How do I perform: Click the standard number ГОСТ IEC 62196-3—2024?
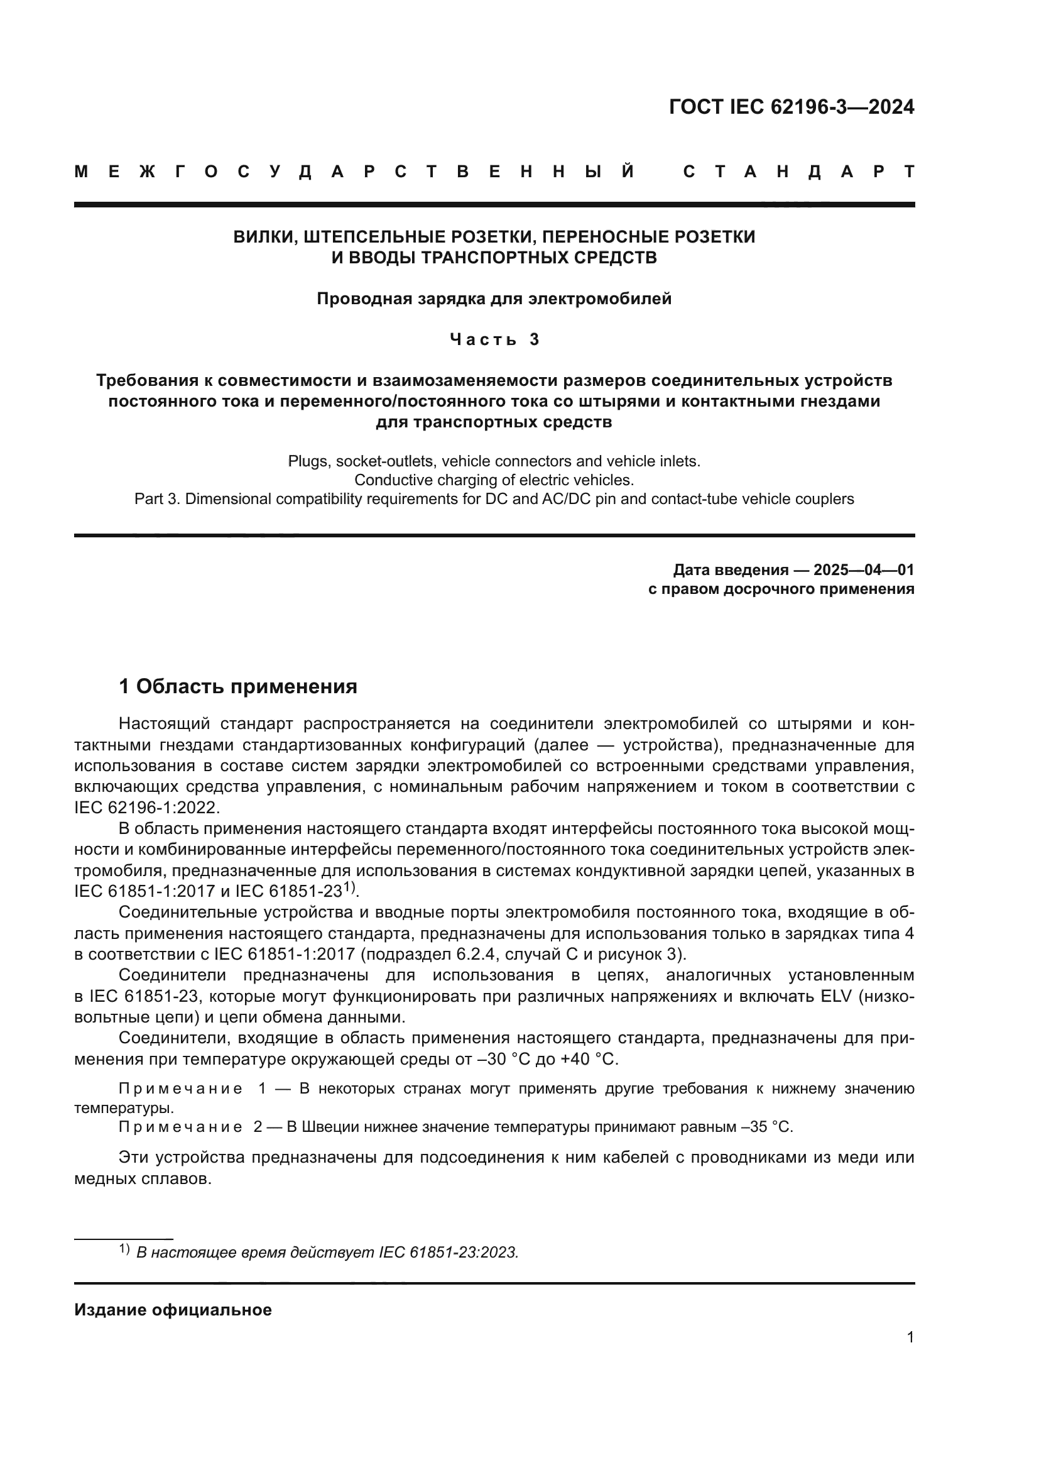pos(791,107)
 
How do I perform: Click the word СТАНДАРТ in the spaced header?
pos(798,172)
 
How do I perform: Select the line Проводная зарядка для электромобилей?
pos(494,299)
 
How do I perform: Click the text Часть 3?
pos(494,339)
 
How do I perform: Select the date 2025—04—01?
pos(863,570)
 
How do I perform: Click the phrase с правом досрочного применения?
pos(781,589)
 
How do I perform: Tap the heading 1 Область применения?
pos(238,686)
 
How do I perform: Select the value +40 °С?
pos(588,1059)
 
